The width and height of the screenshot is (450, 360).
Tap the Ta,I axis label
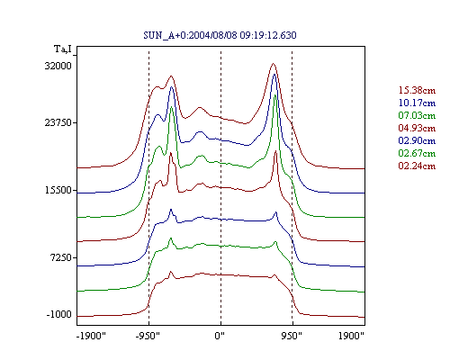[63, 49]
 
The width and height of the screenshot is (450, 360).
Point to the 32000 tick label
[58, 66]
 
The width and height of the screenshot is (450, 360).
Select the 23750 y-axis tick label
[58, 122]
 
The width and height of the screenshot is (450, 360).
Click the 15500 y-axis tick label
[58, 190]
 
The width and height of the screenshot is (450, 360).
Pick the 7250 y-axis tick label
[60, 257]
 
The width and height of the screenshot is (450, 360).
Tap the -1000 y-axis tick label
[58, 315]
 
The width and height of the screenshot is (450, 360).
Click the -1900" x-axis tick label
[91, 336]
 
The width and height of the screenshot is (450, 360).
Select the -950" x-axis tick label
[148, 336]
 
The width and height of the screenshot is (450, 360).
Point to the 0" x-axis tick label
[220, 336]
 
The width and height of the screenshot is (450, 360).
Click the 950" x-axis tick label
[292, 336]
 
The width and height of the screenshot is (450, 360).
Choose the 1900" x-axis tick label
[351, 336]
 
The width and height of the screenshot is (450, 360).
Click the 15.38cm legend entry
[417, 90]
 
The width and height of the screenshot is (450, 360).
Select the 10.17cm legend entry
[417, 103]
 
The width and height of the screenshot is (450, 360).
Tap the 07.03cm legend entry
[417, 115]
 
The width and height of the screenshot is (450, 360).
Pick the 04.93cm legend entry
[417, 128]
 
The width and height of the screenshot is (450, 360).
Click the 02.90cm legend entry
[417, 140]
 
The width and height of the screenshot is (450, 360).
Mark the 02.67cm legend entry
[417, 153]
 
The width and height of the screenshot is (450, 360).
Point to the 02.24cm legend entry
[417, 166]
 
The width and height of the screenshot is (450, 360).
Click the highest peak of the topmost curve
[273, 63]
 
